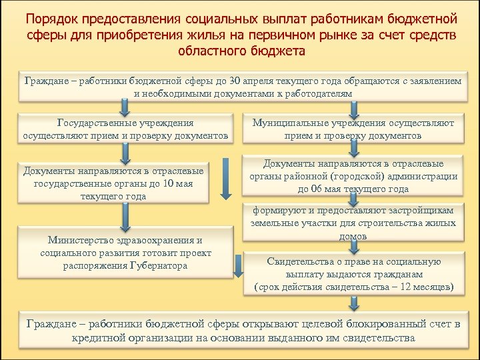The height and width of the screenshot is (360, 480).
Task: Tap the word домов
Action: [x=353, y=236]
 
